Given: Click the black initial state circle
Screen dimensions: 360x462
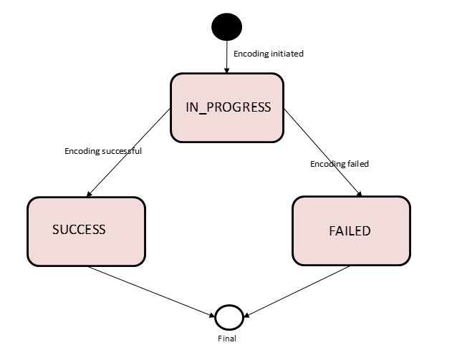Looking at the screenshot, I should click(x=226, y=26).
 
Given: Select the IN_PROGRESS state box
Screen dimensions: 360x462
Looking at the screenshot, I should click(x=227, y=107).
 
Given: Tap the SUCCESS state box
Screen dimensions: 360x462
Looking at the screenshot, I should click(x=86, y=230).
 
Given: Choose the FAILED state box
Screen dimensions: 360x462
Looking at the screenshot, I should click(x=351, y=231).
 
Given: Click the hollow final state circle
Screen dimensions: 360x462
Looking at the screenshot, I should click(x=229, y=316).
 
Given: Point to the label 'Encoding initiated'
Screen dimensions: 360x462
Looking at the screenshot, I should click(x=269, y=53).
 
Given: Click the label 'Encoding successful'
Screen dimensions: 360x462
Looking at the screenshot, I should click(x=103, y=151).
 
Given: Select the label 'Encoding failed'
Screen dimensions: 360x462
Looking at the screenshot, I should click(x=339, y=164).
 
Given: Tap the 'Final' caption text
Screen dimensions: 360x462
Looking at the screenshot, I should click(x=226, y=339).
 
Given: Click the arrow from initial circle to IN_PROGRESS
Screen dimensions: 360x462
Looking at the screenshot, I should click(x=226, y=57).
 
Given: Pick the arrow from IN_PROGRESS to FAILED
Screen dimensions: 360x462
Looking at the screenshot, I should click(x=322, y=152).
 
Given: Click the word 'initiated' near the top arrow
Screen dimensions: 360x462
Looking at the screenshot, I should click(x=286, y=53).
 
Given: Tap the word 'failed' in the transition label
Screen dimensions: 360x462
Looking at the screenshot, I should click(x=357, y=164).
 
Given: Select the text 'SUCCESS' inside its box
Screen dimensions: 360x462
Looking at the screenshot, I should click(x=79, y=230).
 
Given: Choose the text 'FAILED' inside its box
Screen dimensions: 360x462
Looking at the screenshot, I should click(x=350, y=231).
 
